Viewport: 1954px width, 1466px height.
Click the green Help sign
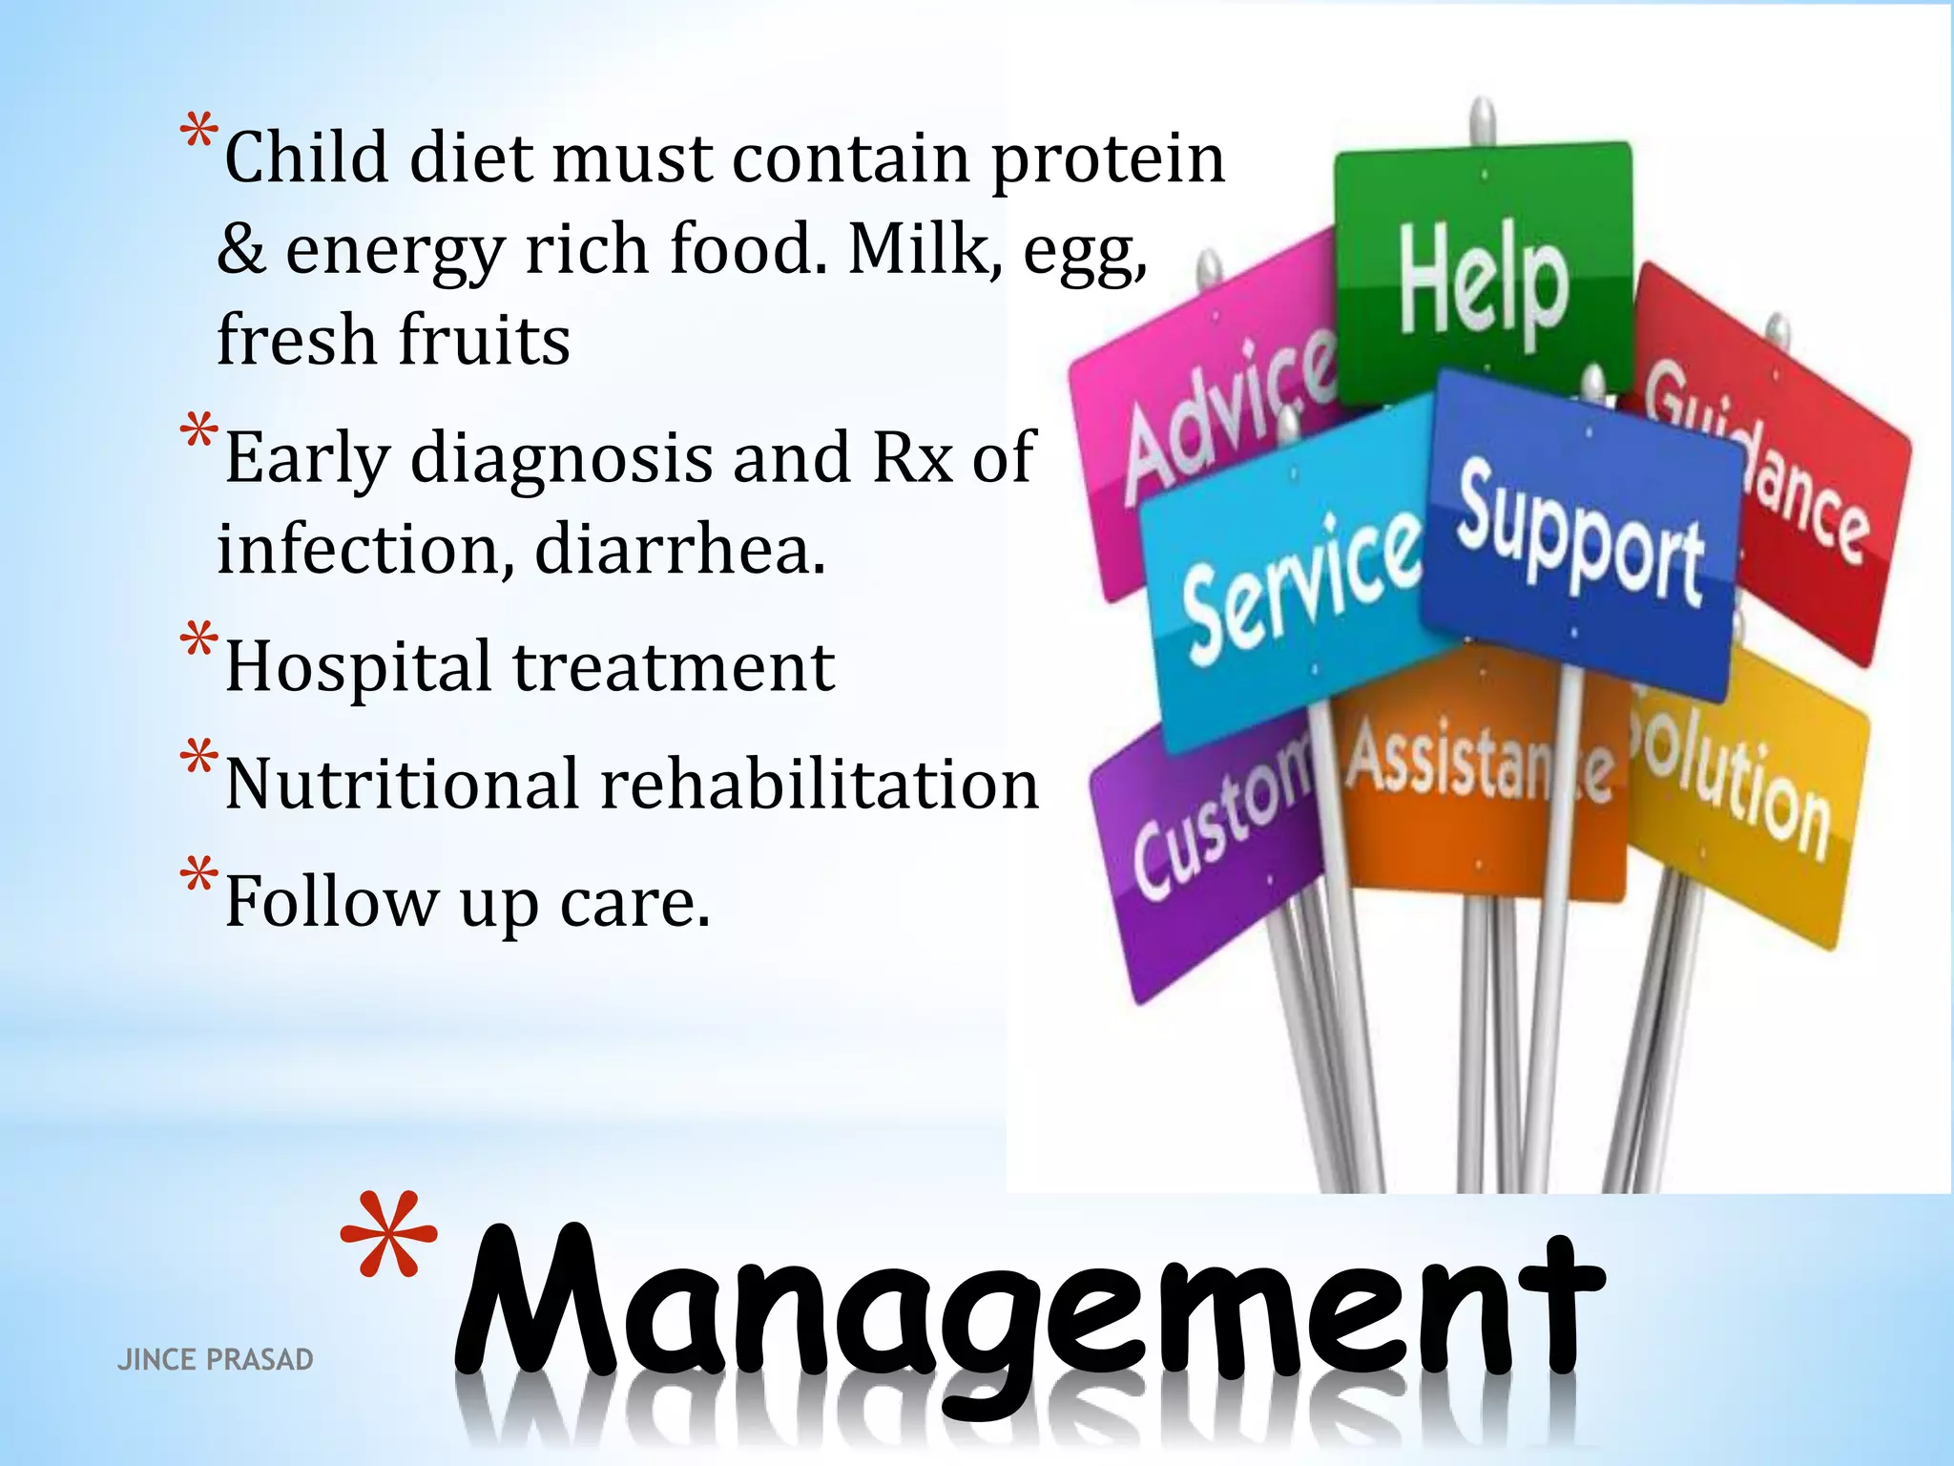pos(1484,277)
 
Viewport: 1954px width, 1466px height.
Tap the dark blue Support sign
pos(1579,534)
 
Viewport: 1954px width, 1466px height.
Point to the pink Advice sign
pos(1221,420)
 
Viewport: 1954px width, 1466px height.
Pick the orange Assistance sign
pos(1479,773)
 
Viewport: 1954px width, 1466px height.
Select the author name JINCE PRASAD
pos(215,1360)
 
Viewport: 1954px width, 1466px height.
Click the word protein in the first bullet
pos(1107,160)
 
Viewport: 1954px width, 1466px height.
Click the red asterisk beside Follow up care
pos(199,875)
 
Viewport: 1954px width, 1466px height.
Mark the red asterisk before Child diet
pos(199,133)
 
